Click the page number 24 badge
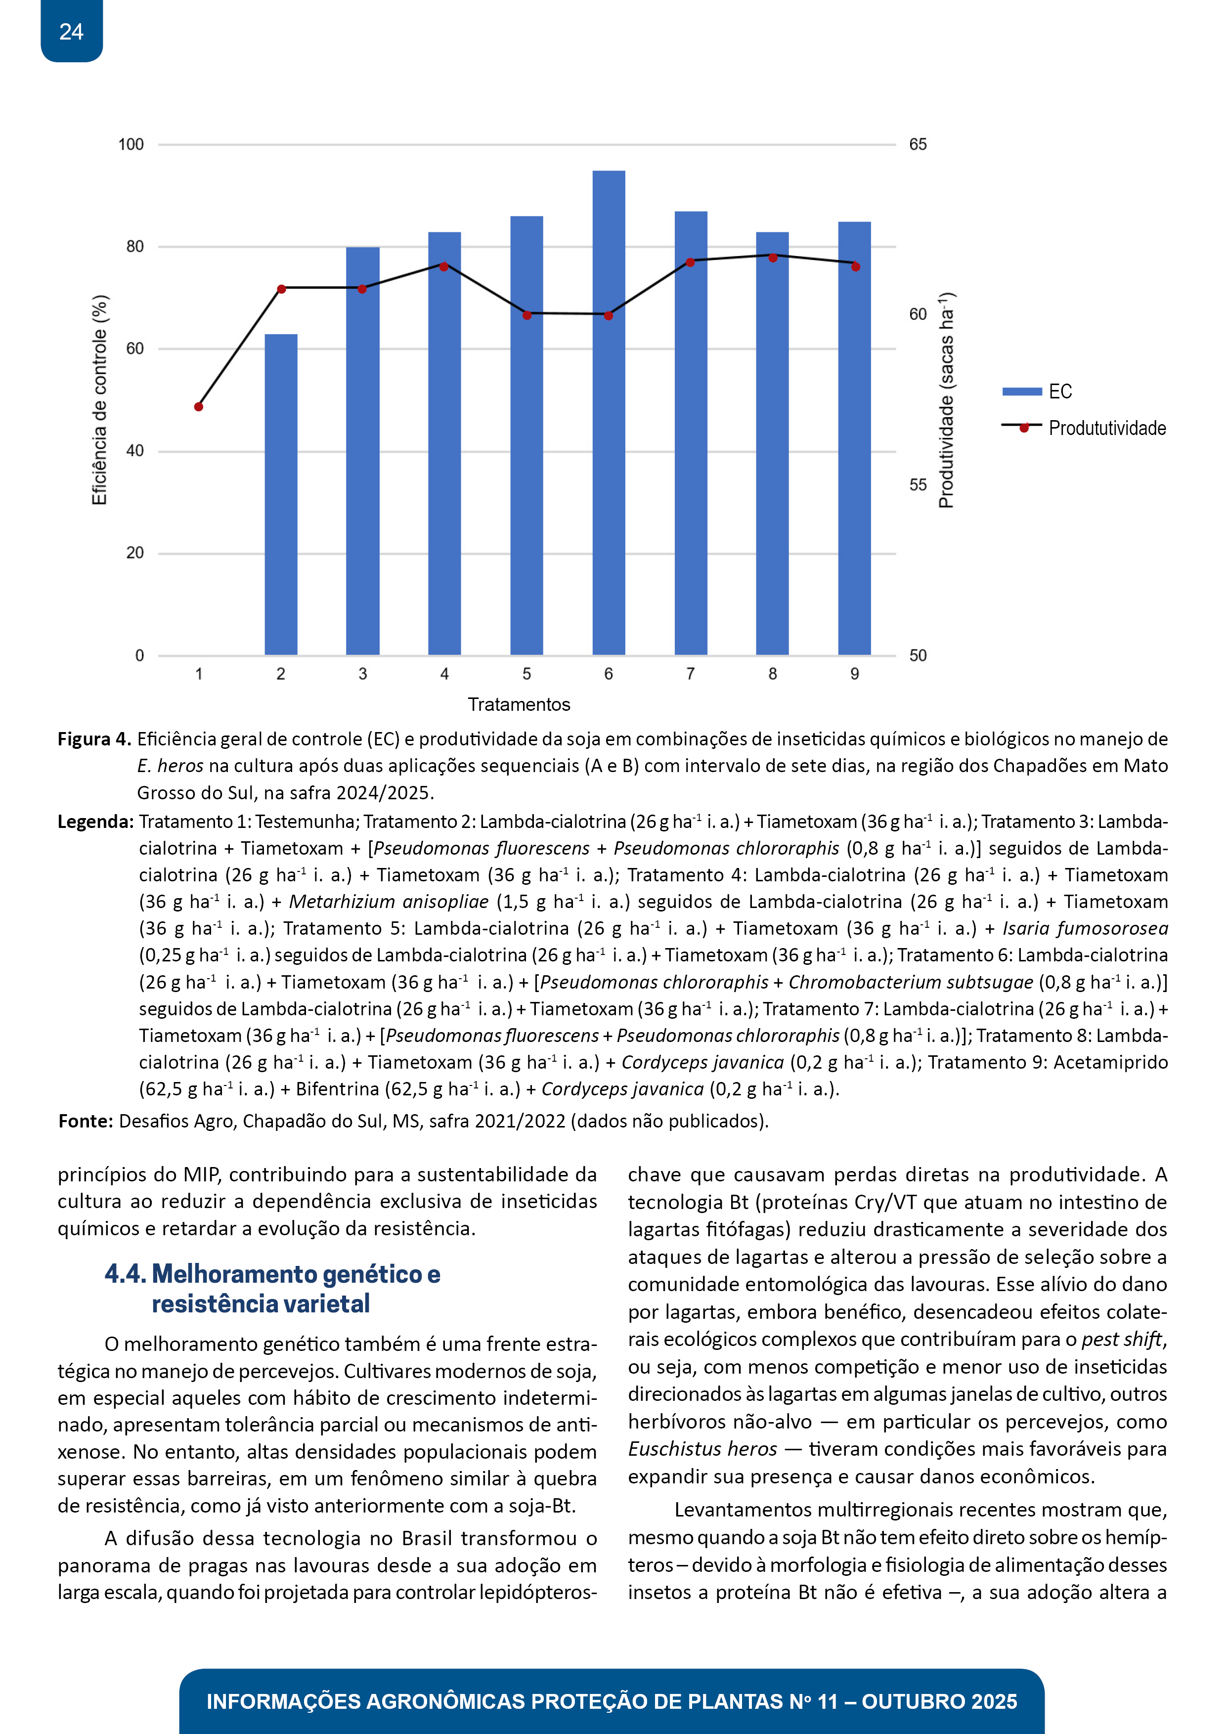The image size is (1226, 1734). [71, 32]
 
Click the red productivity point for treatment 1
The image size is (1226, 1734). [199, 407]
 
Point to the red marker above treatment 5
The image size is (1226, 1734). [526, 315]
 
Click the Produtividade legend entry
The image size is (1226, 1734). [1085, 428]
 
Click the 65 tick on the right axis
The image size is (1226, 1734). [918, 144]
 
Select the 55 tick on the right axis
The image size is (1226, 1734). [918, 485]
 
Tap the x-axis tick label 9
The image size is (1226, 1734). [854, 674]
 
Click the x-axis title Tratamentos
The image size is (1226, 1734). [519, 705]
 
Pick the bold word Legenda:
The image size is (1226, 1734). [96, 822]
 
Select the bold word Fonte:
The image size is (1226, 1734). [86, 1121]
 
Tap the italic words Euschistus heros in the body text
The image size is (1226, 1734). [702, 1448]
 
